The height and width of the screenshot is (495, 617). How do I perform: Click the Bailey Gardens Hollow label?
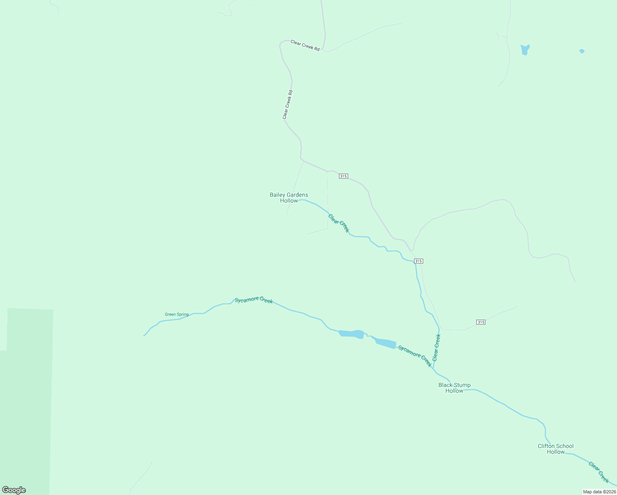[289, 198]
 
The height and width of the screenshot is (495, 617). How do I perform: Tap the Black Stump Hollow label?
[454, 388]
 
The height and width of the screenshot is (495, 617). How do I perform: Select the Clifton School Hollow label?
[556, 449]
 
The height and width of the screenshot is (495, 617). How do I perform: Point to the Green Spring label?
[177, 314]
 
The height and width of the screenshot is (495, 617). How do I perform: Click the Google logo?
[14, 490]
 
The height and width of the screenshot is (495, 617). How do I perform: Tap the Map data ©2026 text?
[599, 492]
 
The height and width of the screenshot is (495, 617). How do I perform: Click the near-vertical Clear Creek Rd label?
[287, 105]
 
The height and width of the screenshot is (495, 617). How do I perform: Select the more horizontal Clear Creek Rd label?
[305, 45]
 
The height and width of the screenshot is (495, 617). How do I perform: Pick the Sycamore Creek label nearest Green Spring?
[254, 300]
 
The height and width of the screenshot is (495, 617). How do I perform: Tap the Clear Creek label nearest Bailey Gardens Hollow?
[339, 223]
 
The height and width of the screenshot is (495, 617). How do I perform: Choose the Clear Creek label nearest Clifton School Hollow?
[599, 472]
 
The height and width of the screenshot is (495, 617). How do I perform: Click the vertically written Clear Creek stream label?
[436, 347]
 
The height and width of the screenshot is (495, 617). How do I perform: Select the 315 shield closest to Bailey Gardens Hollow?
[343, 176]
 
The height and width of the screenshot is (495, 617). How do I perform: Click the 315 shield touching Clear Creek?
[418, 261]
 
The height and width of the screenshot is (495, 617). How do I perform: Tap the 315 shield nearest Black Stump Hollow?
[480, 322]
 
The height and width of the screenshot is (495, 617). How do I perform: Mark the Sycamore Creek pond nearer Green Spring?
[351, 334]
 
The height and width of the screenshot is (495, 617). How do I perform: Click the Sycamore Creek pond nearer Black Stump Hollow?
[386, 343]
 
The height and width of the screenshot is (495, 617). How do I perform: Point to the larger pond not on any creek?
[525, 50]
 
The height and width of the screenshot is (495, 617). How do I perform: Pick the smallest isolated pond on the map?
[582, 51]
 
